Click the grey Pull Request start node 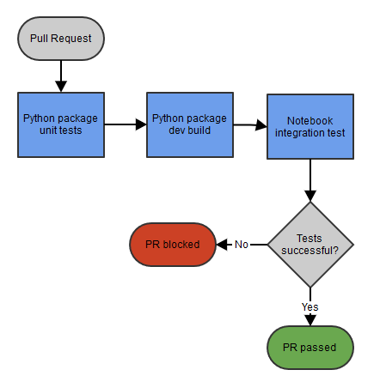point(61,39)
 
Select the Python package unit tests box point(61,124)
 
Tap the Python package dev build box point(190,124)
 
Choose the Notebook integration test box point(310,126)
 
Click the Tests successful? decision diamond point(310,245)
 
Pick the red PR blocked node point(173,245)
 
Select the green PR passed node point(310,348)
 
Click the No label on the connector point(242,245)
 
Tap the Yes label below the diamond point(310,307)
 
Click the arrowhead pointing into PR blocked point(222,245)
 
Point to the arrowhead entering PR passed point(310,320)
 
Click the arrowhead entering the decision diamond point(310,196)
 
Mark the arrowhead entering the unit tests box point(61,87)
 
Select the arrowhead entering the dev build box point(141,124)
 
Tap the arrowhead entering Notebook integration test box point(261,125)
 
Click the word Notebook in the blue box point(310,121)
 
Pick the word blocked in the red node point(181,245)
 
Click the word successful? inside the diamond point(310,251)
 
